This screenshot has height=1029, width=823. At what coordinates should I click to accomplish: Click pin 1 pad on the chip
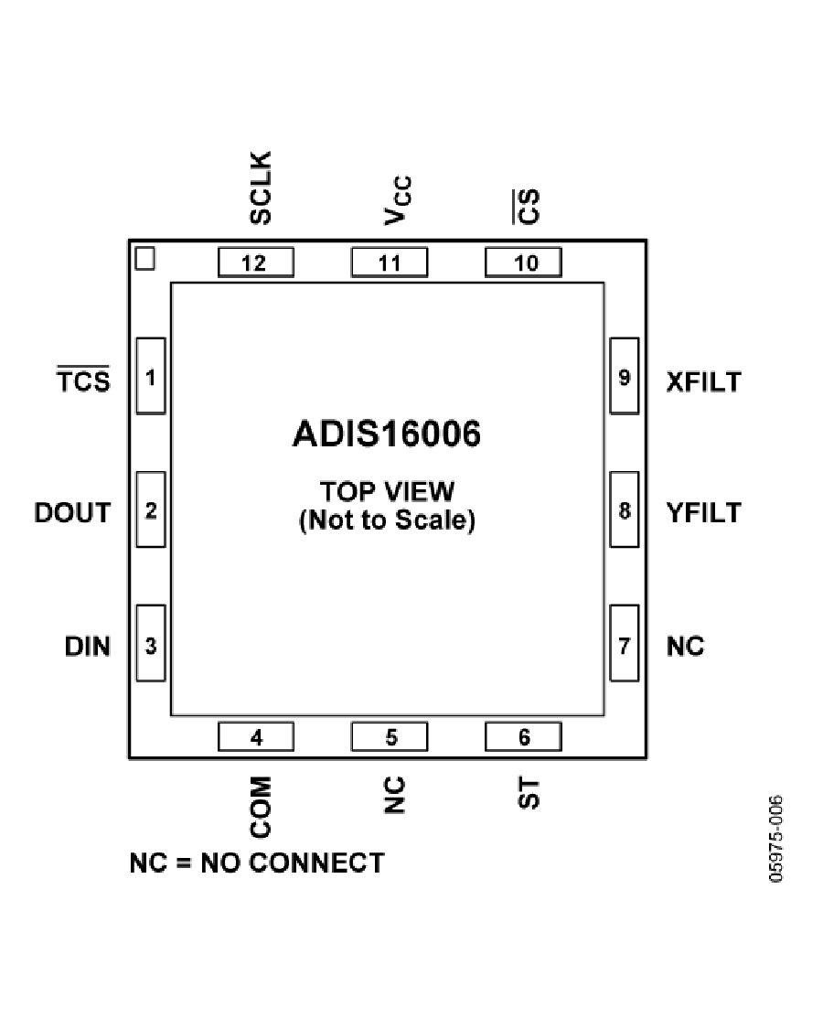[150, 376]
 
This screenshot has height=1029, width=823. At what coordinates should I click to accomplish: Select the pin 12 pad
[256, 263]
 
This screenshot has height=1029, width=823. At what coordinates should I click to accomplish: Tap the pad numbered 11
[390, 263]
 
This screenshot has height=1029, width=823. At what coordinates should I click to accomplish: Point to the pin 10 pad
[523, 263]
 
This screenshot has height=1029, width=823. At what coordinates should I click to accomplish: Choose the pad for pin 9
[625, 376]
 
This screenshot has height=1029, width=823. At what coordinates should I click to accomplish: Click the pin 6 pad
[523, 736]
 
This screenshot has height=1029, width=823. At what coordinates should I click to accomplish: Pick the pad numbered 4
[256, 736]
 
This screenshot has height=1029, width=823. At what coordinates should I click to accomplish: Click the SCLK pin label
[261, 188]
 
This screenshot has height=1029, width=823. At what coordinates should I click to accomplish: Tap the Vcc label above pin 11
[398, 200]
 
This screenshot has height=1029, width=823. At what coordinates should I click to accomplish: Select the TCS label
[83, 380]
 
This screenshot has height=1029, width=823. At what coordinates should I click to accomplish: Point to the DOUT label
[72, 512]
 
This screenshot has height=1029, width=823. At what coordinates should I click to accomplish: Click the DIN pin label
[87, 647]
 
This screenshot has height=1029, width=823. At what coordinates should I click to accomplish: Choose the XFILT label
[703, 382]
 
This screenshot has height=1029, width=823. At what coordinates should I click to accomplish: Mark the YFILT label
[703, 512]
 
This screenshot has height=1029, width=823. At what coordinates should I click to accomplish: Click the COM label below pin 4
[261, 807]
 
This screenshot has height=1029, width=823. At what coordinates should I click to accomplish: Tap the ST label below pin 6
[529, 793]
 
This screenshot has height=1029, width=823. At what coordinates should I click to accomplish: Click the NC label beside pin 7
[685, 647]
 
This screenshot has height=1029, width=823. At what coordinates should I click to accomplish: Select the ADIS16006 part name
[387, 434]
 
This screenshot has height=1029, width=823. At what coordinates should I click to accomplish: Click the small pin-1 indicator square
[145, 259]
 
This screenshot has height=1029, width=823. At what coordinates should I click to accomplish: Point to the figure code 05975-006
[775, 839]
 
